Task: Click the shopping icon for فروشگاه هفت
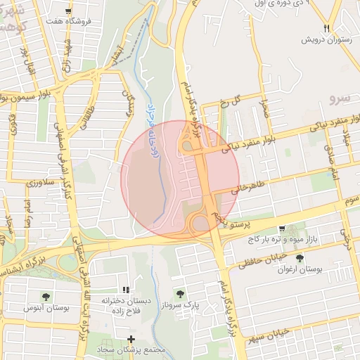tap(68, 12)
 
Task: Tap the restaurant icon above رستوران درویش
tap(326, 27)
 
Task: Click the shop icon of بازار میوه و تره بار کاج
tap(282, 229)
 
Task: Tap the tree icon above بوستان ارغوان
tap(300, 258)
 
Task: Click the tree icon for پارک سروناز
tap(181, 294)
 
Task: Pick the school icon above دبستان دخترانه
tap(125, 290)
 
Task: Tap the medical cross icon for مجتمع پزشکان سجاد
tap(130, 340)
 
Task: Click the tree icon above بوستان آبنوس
tap(46, 297)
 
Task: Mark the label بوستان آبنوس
tap(46, 308)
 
